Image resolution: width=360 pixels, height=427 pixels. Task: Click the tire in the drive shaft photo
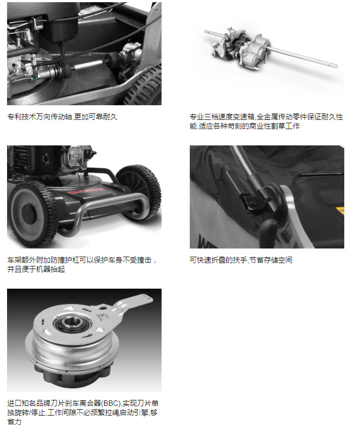(145, 87)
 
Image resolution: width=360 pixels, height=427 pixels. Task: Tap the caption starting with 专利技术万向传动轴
(62, 117)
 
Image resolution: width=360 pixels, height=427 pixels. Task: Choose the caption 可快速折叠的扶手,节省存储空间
(241, 260)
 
